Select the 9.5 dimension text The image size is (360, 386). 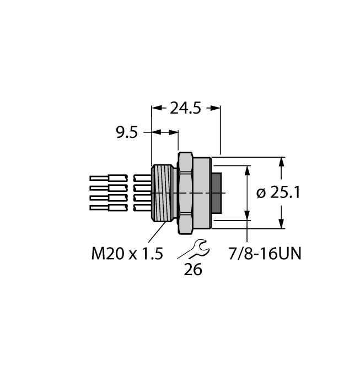(126, 133)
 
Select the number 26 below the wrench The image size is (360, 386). (193, 270)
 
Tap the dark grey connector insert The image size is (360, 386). (217, 193)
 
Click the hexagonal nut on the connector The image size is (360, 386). (185, 193)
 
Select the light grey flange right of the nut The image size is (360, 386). (202, 193)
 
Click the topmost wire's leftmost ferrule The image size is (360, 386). (100, 179)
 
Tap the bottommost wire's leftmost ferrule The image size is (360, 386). (100, 208)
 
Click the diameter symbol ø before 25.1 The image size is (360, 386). (261, 194)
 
